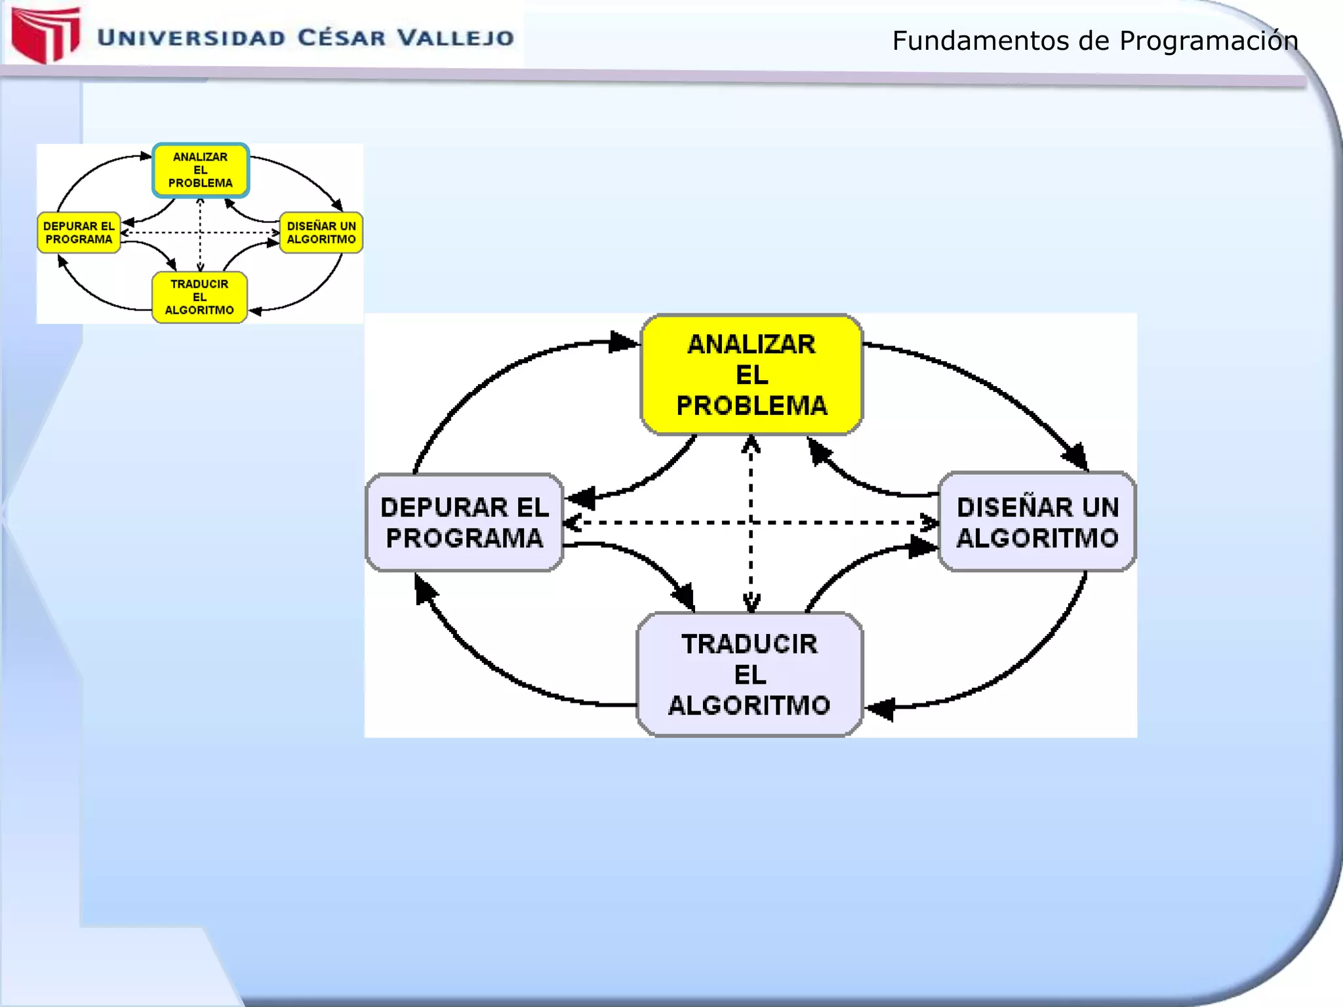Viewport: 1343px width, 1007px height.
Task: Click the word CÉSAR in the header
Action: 342,37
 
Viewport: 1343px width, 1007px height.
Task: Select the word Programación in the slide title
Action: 1208,41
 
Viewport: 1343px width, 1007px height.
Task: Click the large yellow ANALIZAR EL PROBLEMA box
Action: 751,374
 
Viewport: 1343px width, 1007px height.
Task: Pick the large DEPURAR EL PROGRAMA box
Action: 464,523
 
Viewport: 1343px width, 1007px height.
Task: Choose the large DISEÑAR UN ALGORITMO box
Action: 1037,522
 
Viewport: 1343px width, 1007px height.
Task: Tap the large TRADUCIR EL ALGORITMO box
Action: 750,675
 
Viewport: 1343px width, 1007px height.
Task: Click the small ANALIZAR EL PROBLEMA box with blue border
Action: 201,170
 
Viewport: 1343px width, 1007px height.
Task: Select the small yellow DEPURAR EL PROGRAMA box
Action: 79,232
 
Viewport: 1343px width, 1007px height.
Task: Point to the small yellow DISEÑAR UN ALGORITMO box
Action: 321,232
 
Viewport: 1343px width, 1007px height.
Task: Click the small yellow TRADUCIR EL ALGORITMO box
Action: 199,297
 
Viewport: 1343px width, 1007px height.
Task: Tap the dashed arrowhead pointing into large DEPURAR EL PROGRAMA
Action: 572,523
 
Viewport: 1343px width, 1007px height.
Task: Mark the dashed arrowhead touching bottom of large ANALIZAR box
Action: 751,445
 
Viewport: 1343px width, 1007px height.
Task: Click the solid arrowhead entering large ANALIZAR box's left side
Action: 623,342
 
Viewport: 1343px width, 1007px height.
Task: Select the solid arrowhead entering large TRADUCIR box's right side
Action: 881,709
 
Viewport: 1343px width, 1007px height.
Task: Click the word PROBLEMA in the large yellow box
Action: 752,406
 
